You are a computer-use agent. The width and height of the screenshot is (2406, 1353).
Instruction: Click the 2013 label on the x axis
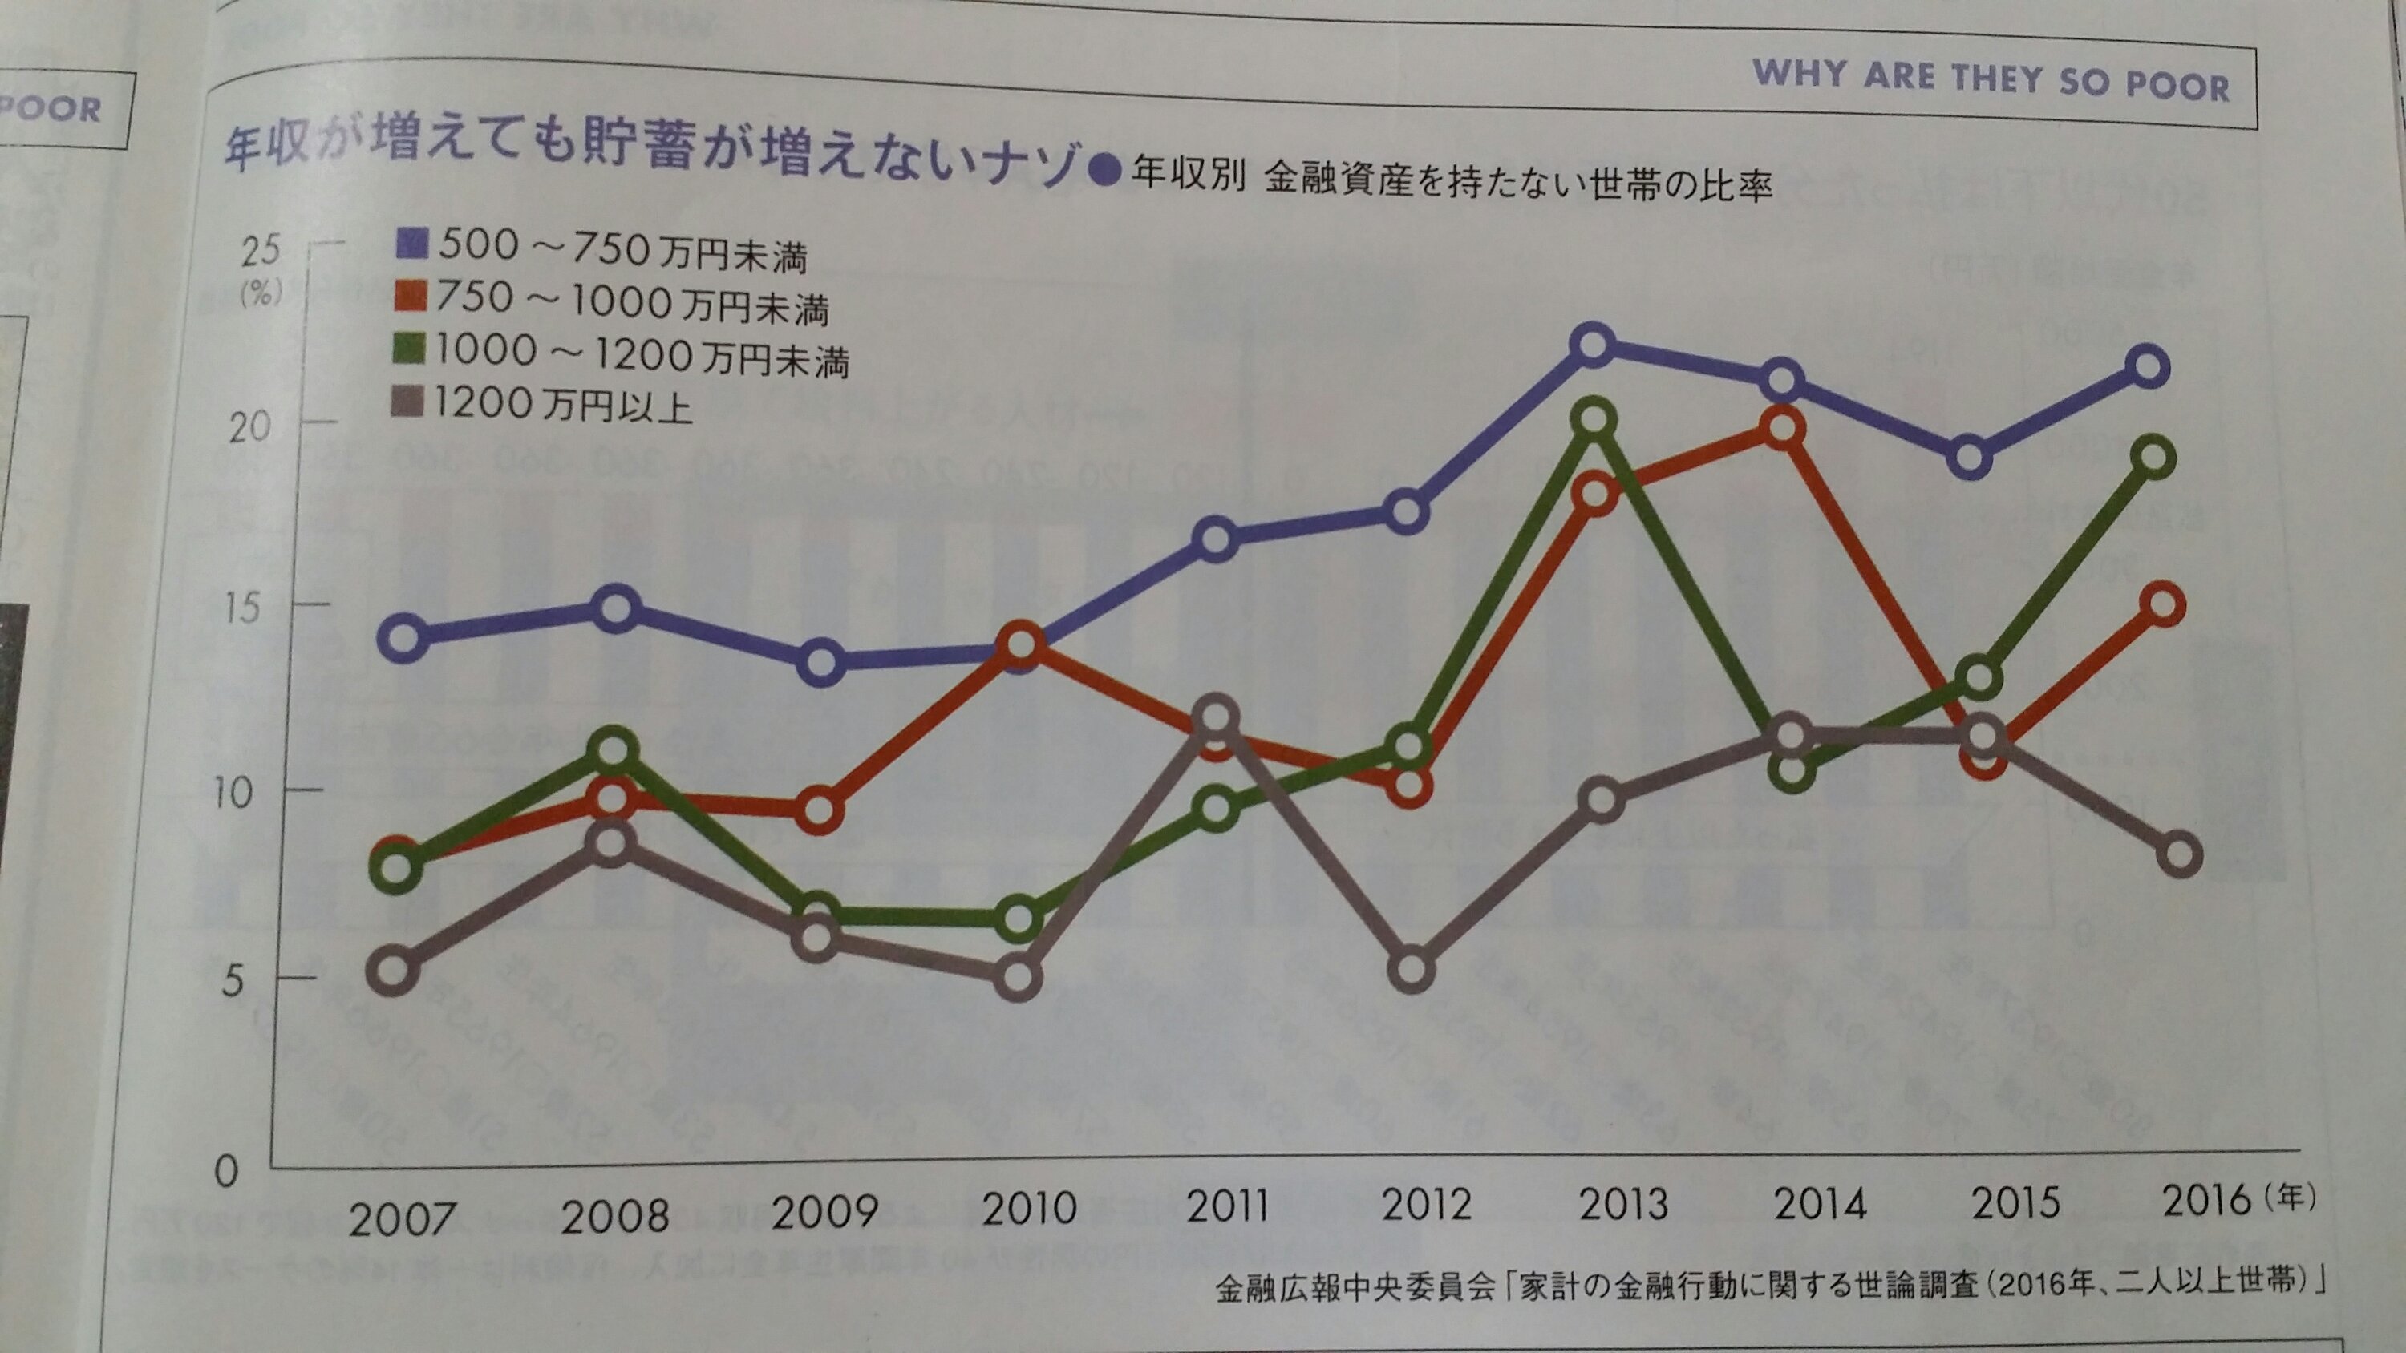1622,1204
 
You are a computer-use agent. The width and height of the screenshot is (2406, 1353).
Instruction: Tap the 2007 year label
403,1218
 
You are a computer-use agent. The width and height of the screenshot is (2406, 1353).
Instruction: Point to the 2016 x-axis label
2208,1200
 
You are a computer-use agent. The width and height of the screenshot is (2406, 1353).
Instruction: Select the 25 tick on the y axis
261,250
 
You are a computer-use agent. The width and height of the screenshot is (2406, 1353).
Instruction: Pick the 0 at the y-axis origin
226,1170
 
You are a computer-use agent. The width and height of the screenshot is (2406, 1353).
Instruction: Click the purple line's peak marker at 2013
1594,345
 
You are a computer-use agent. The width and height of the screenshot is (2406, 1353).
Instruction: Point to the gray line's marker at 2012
1412,970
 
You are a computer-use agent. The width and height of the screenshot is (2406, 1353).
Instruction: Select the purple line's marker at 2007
403,638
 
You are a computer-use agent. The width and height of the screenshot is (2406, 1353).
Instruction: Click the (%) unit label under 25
261,294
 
